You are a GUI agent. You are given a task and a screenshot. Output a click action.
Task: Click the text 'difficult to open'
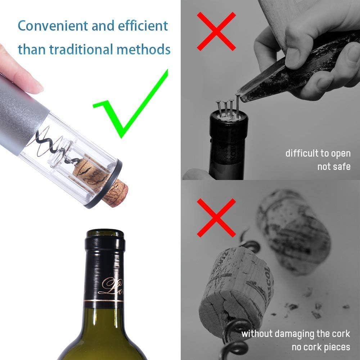[x=318, y=153]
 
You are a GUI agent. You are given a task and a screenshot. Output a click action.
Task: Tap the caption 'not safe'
[x=334, y=167]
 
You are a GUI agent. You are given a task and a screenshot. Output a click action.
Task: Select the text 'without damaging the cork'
[x=296, y=333]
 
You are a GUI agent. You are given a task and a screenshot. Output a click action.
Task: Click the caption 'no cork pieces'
[x=321, y=347]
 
